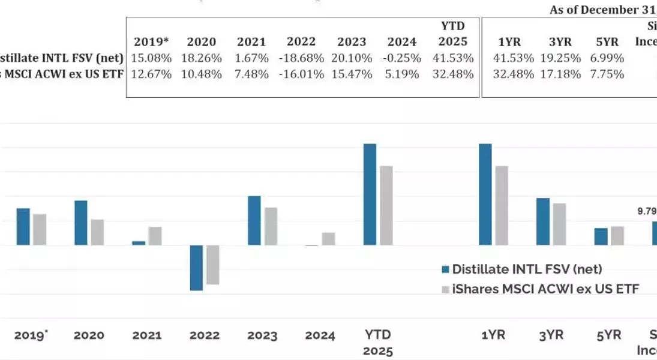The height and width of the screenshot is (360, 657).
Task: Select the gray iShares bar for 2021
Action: [155, 236]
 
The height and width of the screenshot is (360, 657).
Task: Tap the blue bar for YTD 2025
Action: [370, 194]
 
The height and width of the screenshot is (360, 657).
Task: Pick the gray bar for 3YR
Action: [559, 224]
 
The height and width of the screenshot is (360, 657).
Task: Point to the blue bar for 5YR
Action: [601, 236]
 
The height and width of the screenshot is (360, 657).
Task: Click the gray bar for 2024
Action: [328, 239]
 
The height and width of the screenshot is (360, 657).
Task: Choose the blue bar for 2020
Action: [80, 223]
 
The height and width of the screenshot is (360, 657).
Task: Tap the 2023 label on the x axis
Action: [261, 335]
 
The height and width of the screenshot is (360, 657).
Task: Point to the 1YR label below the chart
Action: [493, 335]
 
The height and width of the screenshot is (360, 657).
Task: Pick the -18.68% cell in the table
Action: [301, 59]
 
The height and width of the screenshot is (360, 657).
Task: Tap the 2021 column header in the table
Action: [251, 42]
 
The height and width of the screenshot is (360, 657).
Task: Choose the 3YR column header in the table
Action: [560, 42]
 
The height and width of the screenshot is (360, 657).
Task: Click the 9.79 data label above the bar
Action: [647, 211]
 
